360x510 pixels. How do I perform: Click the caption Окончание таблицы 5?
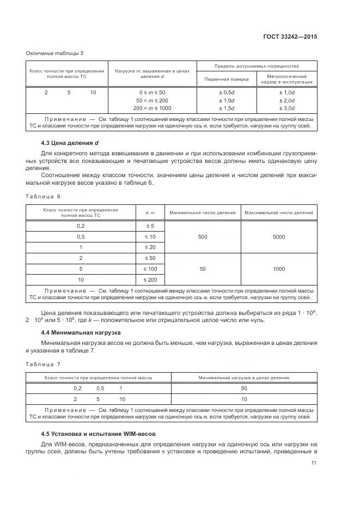55,53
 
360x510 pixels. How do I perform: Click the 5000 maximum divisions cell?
279,236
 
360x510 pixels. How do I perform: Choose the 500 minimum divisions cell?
203,236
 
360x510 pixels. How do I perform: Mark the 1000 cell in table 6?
279,269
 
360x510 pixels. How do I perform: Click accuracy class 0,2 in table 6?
81,226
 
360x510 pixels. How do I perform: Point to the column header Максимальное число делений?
279,212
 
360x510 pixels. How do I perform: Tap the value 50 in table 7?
243,388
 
